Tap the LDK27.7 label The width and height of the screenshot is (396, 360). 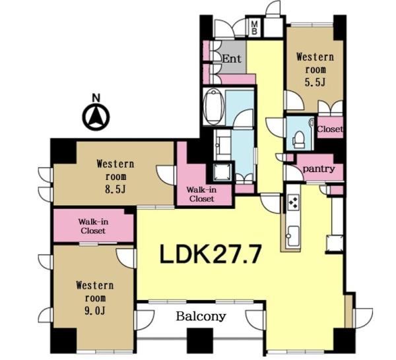point(210,255)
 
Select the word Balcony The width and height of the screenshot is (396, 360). point(201,316)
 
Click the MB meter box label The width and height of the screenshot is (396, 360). point(255,28)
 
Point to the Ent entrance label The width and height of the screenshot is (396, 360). point(232,59)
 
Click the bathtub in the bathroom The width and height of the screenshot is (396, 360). point(214,106)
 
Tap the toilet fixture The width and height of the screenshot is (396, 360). point(299,139)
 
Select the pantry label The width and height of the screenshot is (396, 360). point(319,169)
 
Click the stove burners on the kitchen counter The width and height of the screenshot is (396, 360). point(294,201)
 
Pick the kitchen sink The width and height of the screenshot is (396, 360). point(293,236)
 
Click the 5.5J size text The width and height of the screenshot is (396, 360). point(315,82)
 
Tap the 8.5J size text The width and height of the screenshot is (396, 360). point(115,189)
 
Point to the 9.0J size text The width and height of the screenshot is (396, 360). point(94,311)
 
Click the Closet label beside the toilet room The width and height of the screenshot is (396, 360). point(330,129)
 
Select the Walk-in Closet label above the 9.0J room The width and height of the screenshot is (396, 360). point(93,226)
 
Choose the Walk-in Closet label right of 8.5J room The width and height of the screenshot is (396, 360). point(201,195)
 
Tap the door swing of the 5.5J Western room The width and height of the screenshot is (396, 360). point(294,101)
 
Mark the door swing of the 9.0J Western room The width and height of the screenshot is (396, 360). point(126,258)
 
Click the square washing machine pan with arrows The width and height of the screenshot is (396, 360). point(222,172)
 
